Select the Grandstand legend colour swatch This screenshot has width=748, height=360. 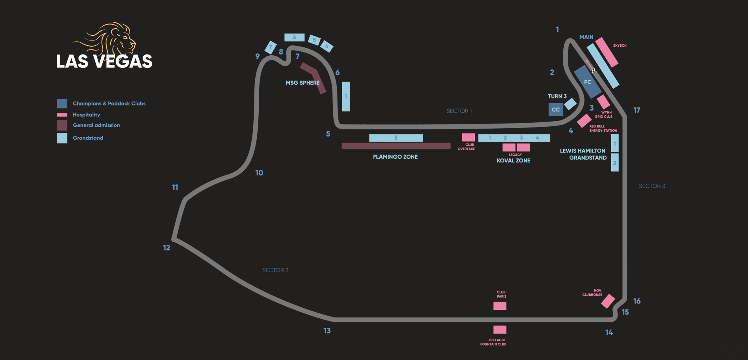point(62,138)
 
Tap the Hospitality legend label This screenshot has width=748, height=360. point(86,115)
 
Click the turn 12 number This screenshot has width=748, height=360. point(167,248)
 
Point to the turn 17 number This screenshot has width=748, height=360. point(637,111)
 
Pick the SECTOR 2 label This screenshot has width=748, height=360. point(275,270)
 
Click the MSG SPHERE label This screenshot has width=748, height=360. point(302,83)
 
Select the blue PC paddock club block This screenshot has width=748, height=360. point(588,82)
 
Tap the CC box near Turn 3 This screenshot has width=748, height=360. point(556,110)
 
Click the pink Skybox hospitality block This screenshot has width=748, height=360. point(606,52)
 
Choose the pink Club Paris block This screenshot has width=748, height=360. point(500,306)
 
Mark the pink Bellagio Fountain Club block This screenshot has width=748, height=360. point(500,329)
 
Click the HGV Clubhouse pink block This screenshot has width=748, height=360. point(608,301)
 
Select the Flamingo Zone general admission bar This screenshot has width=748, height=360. point(396,146)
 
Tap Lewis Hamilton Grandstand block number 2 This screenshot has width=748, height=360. point(615,163)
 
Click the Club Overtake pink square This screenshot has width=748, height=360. point(468,137)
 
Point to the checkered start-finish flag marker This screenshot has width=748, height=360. point(594,70)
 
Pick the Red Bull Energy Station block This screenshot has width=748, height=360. point(584,121)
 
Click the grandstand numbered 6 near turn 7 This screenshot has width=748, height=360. point(294,37)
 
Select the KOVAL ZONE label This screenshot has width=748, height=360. point(513,161)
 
